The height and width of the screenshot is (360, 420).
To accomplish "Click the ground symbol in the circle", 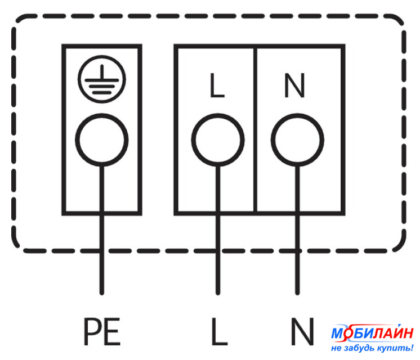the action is pyautogui.click(x=102, y=79).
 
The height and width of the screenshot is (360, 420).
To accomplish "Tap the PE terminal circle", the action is pyautogui.click(x=102, y=140).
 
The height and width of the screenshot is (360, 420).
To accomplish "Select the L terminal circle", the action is pyautogui.click(x=218, y=140).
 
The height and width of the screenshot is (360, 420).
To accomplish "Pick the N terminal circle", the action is pyautogui.click(x=297, y=140).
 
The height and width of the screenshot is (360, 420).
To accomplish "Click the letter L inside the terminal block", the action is pyautogui.click(x=217, y=85).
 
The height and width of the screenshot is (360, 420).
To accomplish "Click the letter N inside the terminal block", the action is pyautogui.click(x=294, y=85).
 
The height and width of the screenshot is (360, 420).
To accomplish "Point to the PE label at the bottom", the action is pyautogui.click(x=102, y=331).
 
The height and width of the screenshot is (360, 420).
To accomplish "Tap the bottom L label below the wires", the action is pyautogui.click(x=220, y=331).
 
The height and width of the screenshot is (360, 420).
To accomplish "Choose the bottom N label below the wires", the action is pyautogui.click(x=302, y=331).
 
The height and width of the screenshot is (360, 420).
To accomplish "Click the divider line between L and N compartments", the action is pyautogui.click(x=255, y=130).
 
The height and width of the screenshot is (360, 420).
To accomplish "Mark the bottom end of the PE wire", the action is pyautogui.click(x=102, y=294).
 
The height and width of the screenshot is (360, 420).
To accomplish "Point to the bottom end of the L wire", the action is pyautogui.click(x=218, y=294).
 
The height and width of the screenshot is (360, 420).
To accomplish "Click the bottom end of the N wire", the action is pyautogui.click(x=297, y=294).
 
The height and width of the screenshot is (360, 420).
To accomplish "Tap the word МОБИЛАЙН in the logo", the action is pyautogui.click(x=372, y=333).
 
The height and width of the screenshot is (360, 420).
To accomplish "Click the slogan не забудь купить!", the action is pyautogui.click(x=372, y=348).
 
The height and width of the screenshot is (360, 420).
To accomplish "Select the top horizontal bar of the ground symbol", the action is pyautogui.click(x=102, y=80).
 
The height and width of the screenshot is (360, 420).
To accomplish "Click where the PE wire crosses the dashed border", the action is pyautogui.click(x=102, y=251).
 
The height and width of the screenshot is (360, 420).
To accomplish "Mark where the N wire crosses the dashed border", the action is pyautogui.click(x=297, y=251).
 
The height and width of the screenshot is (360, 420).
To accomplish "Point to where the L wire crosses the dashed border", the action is pyautogui.click(x=218, y=251).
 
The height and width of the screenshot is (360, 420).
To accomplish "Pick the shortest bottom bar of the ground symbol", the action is pyautogui.click(x=102, y=93).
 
